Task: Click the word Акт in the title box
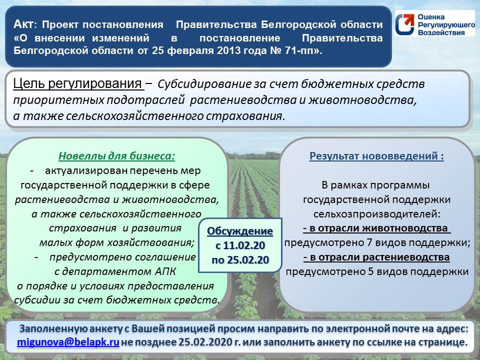tap(24, 24)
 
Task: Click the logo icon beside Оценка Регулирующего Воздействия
tap(404, 23)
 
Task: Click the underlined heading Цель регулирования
tap(78, 83)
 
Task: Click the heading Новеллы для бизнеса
tap(117, 156)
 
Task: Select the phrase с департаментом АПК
tap(115, 272)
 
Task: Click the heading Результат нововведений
tap(377, 156)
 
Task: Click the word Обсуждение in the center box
tap(240, 231)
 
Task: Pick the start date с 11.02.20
tap(240, 245)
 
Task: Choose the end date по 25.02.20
tap(240, 260)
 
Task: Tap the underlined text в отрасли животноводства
tap(377, 228)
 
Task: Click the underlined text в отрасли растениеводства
tap(377, 257)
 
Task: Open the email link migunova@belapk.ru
tap(68, 343)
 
